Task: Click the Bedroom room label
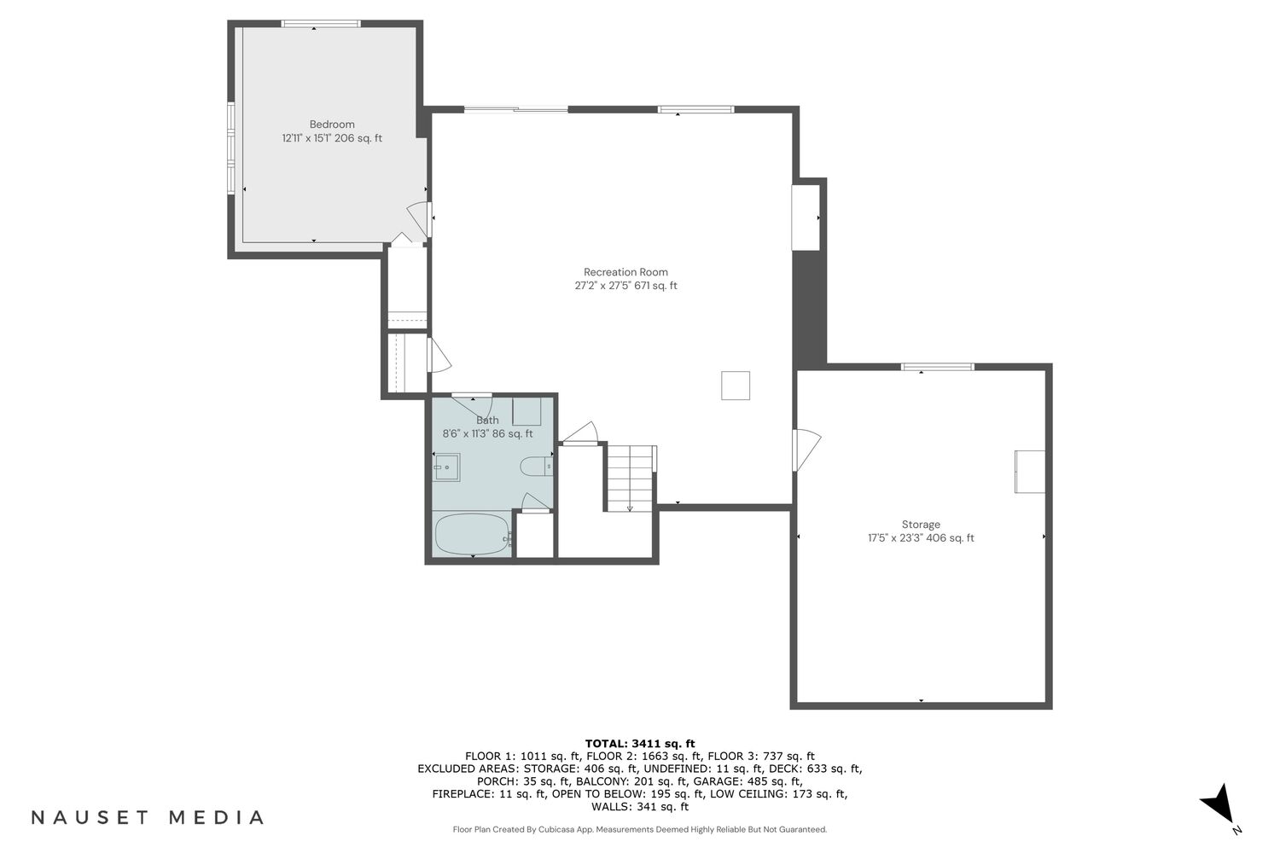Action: tap(332, 125)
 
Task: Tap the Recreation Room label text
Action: tap(625, 272)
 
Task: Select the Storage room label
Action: tap(921, 525)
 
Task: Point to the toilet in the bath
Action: tap(536, 467)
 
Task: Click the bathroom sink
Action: tap(446, 467)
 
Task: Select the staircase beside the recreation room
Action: tap(631, 479)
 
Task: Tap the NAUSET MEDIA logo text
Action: tap(148, 817)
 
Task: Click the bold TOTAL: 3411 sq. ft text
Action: tap(640, 743)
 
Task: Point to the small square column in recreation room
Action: tap(736, 385)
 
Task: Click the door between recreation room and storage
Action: tap(806, 450)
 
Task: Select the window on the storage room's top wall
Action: tap(937, 367)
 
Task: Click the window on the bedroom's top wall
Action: tap(321, 23)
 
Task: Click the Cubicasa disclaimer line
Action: tap(640, 830)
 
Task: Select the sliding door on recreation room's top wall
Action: tap(516, 109)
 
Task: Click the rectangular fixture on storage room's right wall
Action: tap(1030, 472)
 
